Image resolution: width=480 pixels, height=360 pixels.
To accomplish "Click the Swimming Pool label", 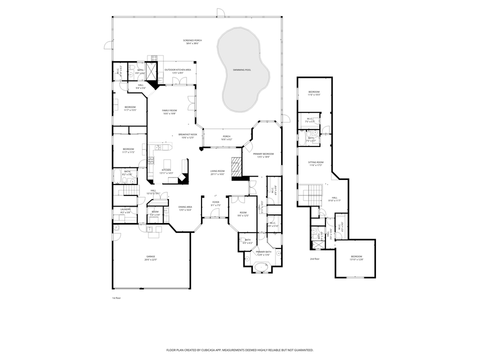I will coord(242,70).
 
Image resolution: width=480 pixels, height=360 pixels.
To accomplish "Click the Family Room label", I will coord(169,110).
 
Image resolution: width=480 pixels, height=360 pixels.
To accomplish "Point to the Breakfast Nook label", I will coord(187,134).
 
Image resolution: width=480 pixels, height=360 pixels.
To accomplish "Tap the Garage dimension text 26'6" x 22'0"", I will coord(150,259).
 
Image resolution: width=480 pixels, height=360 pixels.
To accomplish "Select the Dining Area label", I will coord(185,206).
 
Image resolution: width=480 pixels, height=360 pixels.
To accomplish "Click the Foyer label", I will coord(215,202).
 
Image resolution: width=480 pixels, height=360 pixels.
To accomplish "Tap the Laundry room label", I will coord(125,209).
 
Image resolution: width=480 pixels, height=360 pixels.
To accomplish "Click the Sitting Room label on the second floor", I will coord(315,162).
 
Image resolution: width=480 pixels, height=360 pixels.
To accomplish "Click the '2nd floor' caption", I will coord(314,259).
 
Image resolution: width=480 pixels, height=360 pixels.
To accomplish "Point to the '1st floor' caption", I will coord(116,297).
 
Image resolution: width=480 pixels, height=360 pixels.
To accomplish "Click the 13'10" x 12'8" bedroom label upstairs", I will coord(356,259).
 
